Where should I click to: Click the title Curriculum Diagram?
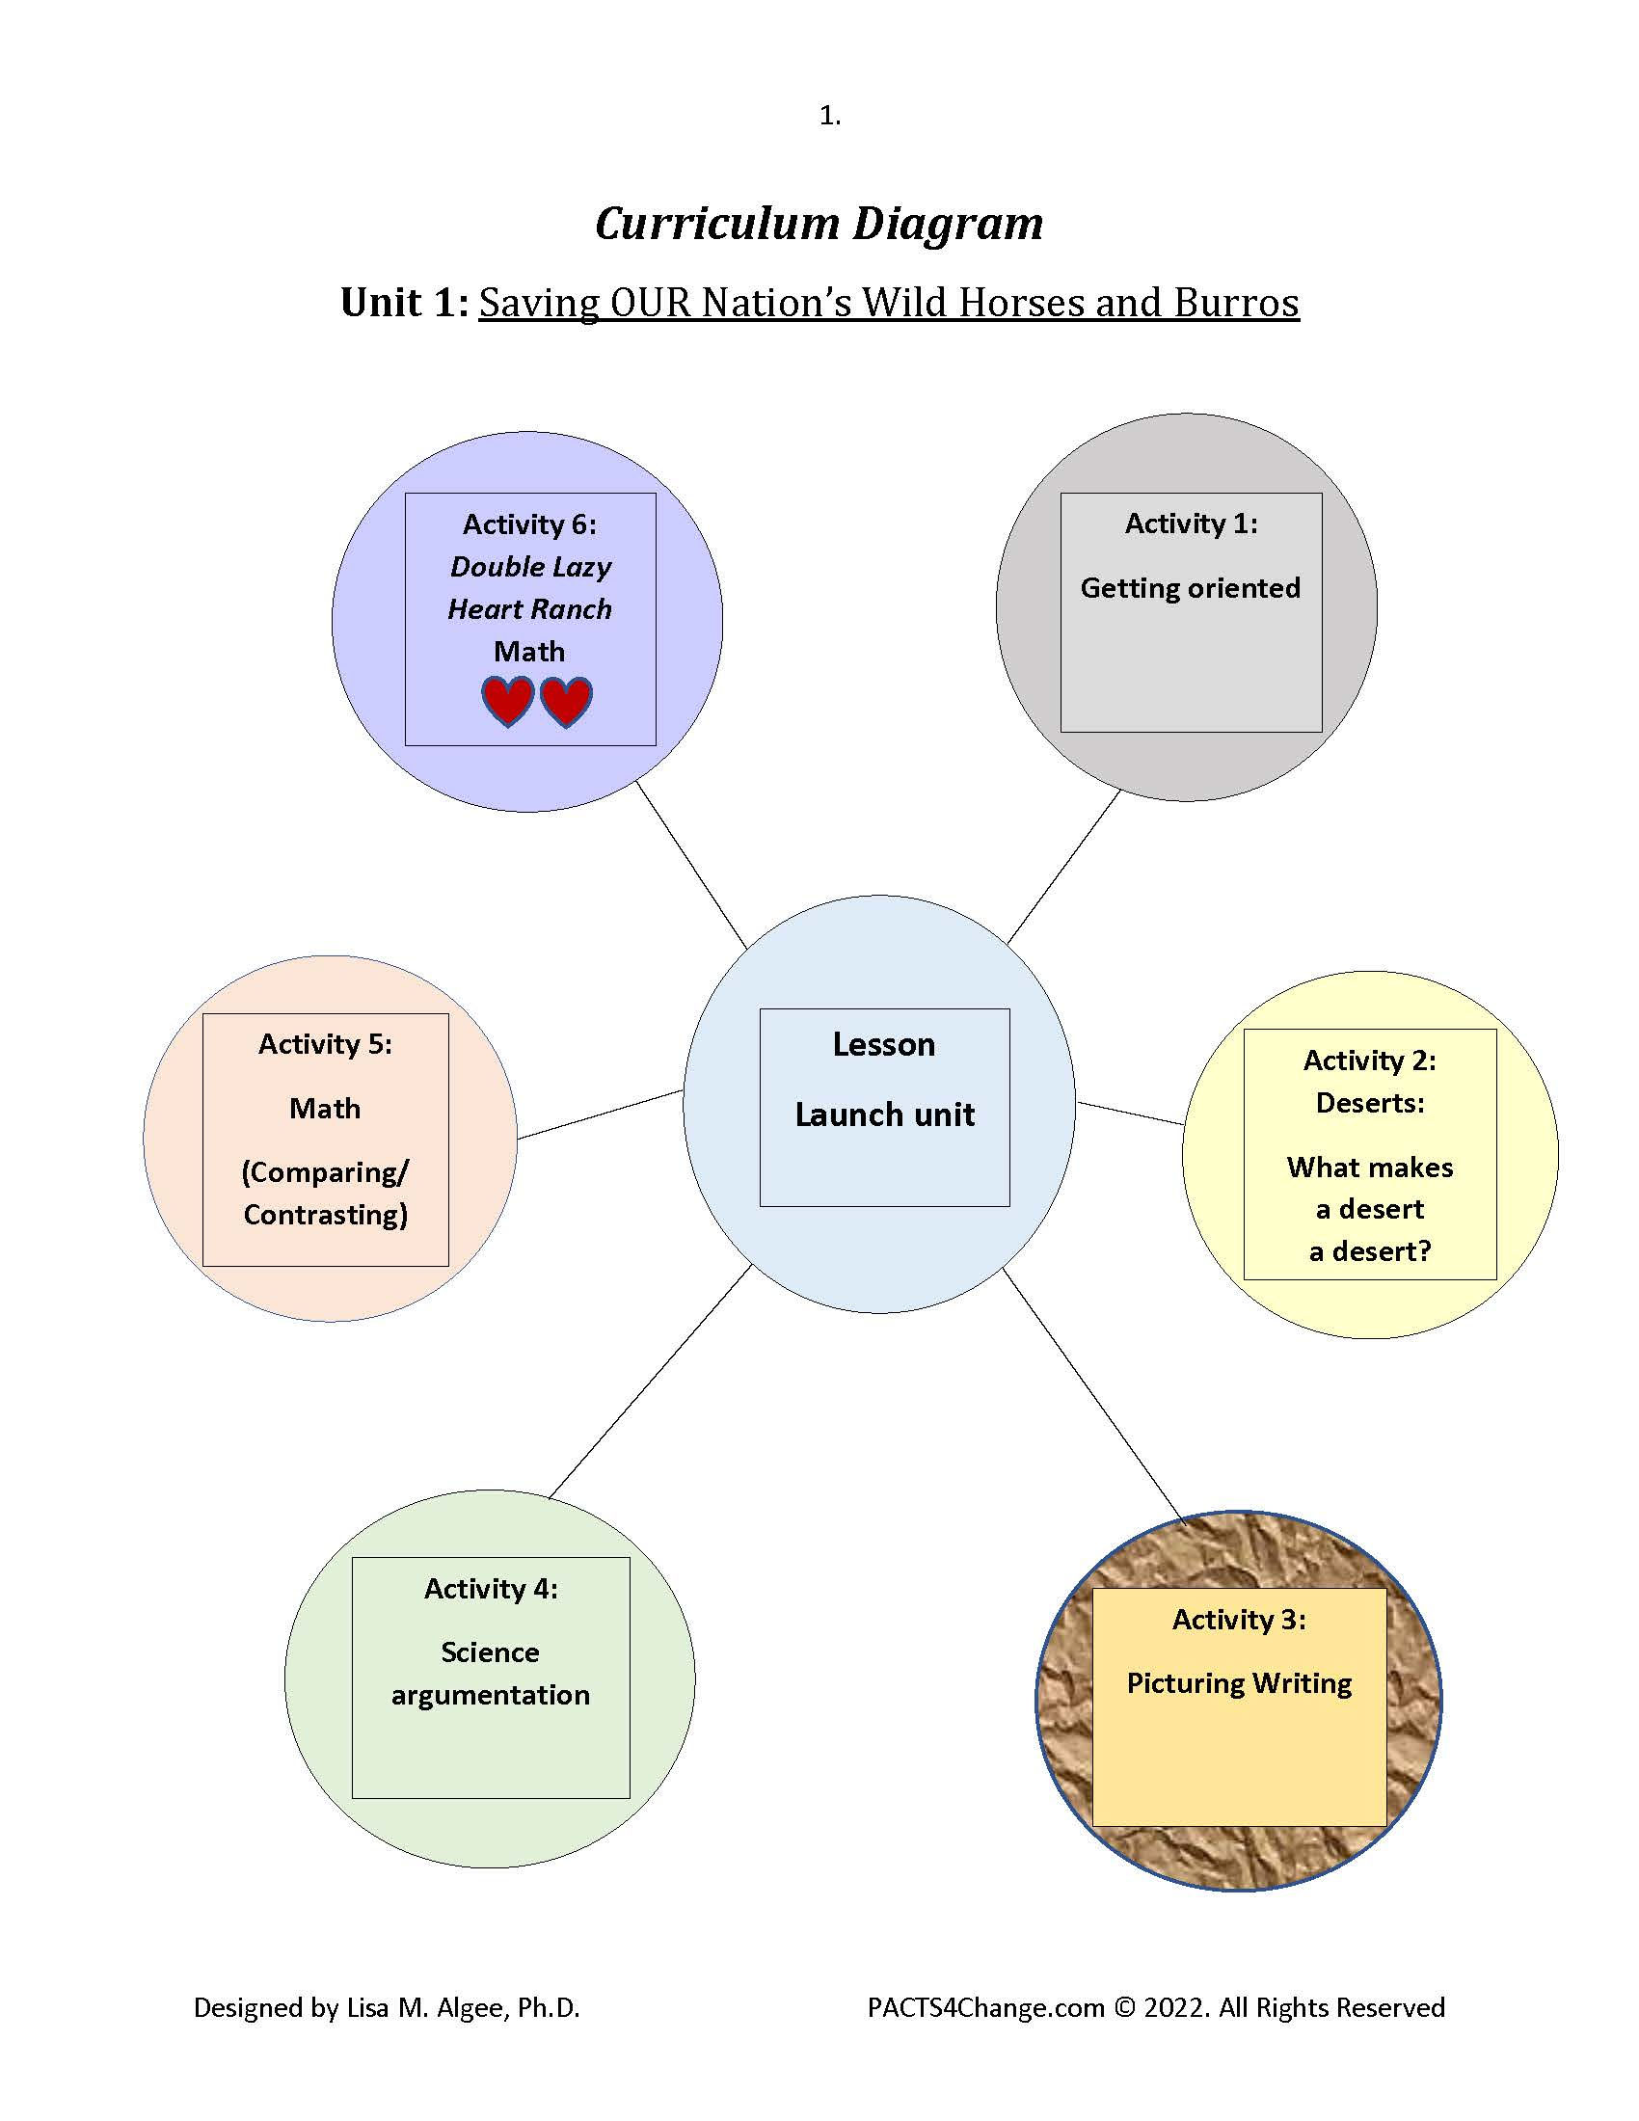click(x=819, y=225)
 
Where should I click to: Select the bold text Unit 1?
click(x=405, y=303)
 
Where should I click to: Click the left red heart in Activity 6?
click(x=507, y=701)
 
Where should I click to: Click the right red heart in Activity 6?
click(x=566, y=701)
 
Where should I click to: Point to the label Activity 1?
click(x=1192, y=524)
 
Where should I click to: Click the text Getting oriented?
click(x=1191, y=588)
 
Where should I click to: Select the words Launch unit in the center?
click(x=884, y=1114)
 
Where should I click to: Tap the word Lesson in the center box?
click(x=883, y=1044)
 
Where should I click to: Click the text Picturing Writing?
click(x=1239, y=1683)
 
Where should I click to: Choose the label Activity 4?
click(x=491, y=1589)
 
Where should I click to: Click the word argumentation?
click(x=491, y=1695)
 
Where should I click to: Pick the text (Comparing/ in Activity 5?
click(x=325, y=1173)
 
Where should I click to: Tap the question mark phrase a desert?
click(x=1370, y=1250)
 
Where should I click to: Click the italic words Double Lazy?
click(x=530, y=567)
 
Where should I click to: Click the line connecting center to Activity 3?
click(x=1094, y=1396)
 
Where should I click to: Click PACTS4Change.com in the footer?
click(x=985, y=2007)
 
